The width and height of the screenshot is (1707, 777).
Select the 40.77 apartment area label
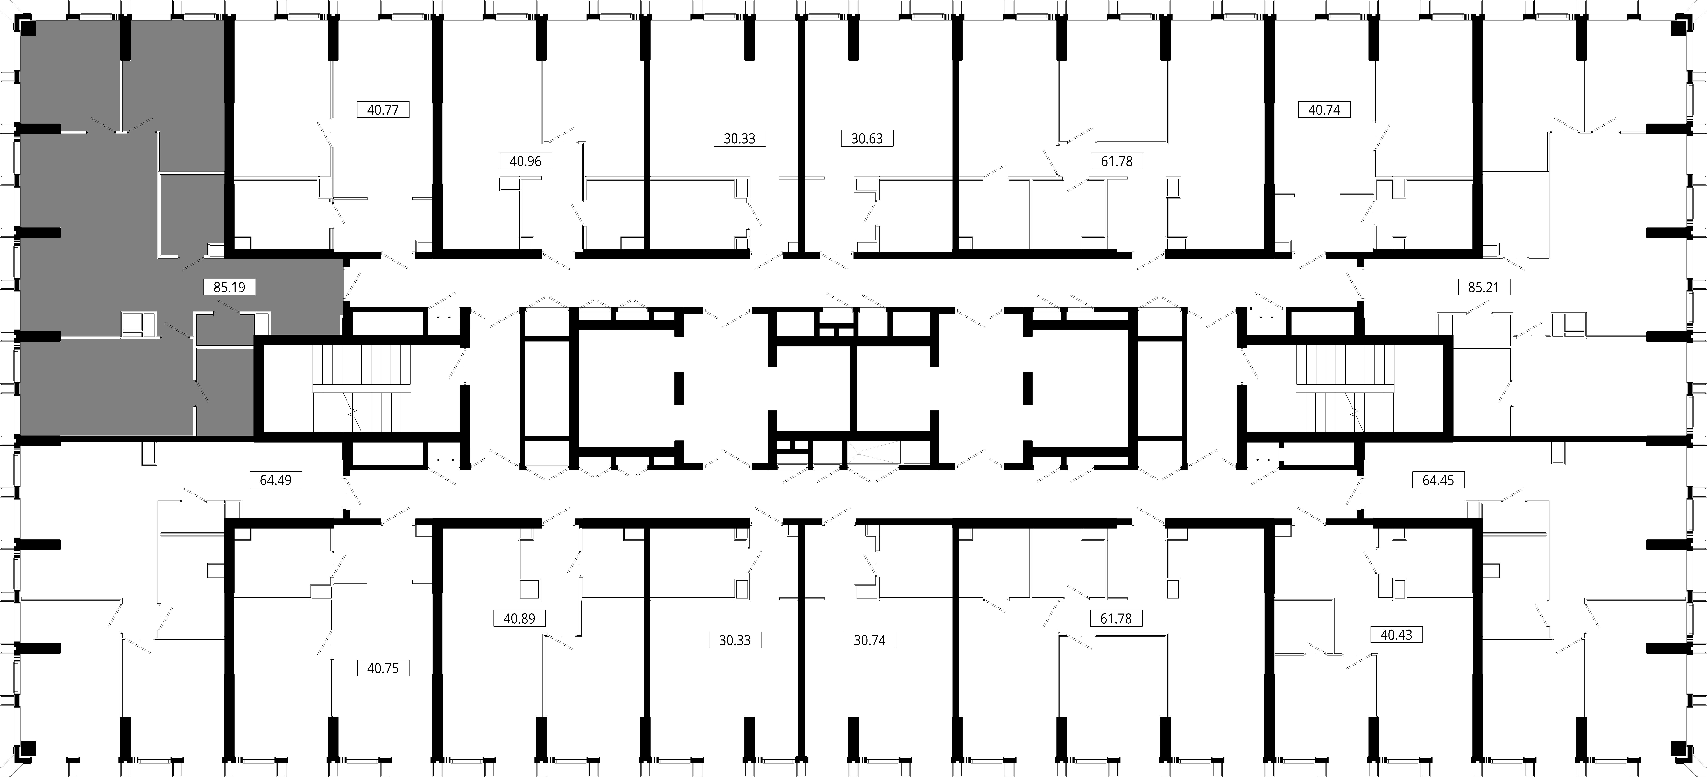tap(383, 109)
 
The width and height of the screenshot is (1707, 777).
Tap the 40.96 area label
tap(525, 161)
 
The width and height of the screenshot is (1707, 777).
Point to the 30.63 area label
tap(867, 138)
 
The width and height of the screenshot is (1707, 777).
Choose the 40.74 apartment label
tap(1324, 109)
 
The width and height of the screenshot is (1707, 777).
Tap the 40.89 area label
tap(519, 618)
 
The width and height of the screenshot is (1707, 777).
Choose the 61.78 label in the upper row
tap(1117, 161)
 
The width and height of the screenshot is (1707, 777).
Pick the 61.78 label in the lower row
tap(1117, 618)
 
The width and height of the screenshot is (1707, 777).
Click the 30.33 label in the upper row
tap(739, 138)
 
